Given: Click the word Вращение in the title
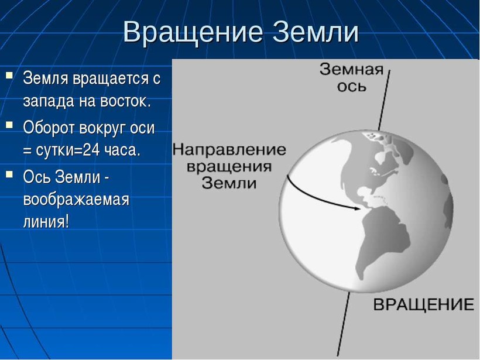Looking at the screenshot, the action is pos(193,33).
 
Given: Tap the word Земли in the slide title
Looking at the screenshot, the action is pos(316,32).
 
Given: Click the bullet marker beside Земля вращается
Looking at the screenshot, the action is pos(9,75).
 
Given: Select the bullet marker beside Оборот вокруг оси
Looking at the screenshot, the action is pos(9,124).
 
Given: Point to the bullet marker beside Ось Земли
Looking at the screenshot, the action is pos(9,174).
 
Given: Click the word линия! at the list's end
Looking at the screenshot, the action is pos(46,221).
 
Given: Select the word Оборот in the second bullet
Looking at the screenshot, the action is pos(49,128).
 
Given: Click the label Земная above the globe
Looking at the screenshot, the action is pos(351,70).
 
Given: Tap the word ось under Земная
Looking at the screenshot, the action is pos(351,87).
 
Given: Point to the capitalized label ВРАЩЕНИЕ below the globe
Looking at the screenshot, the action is pos(424,305).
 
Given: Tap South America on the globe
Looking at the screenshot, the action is pos(383,242).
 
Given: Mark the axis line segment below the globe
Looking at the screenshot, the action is pos(344,324).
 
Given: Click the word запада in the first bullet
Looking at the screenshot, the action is pos(49,102).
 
